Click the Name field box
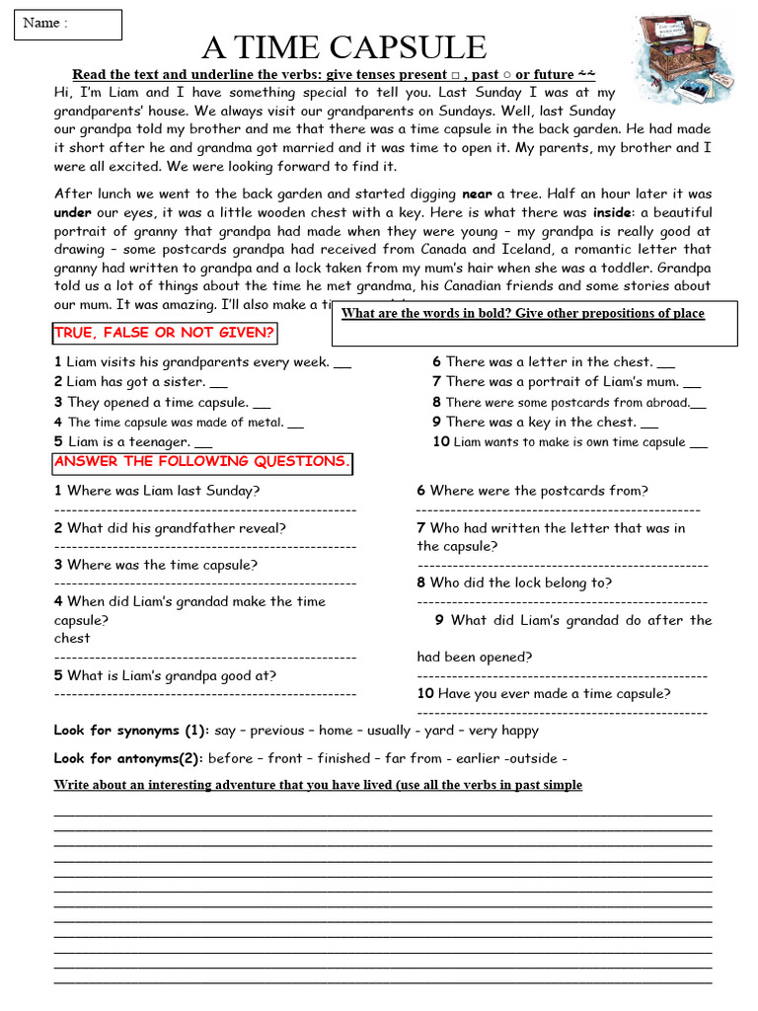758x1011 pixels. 68,25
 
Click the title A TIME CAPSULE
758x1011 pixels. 344,46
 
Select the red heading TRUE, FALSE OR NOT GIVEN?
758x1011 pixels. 165,333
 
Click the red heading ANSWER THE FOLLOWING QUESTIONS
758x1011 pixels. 201,462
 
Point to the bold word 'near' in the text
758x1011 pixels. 477,194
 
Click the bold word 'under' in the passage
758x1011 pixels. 73,213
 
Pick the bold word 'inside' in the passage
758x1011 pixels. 611,213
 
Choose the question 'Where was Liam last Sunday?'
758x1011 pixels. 158,491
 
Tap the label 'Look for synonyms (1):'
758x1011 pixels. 131,731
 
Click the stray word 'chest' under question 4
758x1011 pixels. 72,639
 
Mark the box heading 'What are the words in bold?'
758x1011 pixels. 523,314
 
